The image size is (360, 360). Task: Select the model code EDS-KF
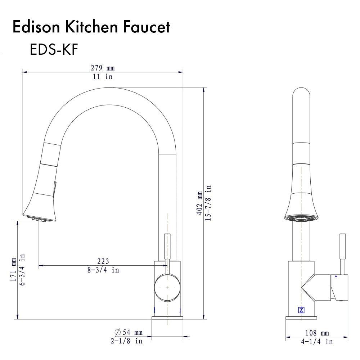tap(54, 50)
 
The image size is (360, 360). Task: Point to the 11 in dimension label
tap(103, 77)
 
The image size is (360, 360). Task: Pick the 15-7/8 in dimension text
tap(208, 203)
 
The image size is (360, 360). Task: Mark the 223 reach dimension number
tap(103, 261)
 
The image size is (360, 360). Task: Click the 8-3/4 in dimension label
tap(103, 270)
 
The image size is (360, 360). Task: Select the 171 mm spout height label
tap(13, 270)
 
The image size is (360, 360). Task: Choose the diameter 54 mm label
tap(128, 332)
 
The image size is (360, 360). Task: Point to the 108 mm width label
tap(317, 333)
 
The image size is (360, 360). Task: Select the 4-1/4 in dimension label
tap(317, 342)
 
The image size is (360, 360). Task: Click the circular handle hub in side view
tap(167, 288)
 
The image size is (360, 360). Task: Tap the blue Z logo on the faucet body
tap(301, 310)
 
